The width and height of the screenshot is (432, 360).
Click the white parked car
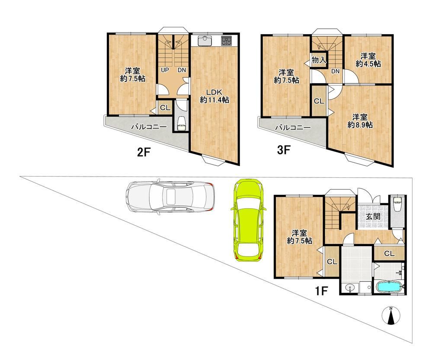170,197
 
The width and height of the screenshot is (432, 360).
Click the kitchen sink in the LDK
205,41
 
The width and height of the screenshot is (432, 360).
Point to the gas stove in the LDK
227,41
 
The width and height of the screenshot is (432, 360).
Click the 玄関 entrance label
373,216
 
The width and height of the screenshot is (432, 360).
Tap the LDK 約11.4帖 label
214,96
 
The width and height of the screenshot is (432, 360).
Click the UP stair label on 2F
165,70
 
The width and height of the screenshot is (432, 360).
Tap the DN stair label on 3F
335,71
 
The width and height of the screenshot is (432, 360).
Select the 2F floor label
144,152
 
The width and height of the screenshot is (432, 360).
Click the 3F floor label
284,150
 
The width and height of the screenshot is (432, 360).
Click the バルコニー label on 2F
149,127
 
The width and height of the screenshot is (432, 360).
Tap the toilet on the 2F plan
182,123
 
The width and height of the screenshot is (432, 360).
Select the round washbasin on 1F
350,289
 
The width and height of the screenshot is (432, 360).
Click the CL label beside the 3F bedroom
319,101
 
